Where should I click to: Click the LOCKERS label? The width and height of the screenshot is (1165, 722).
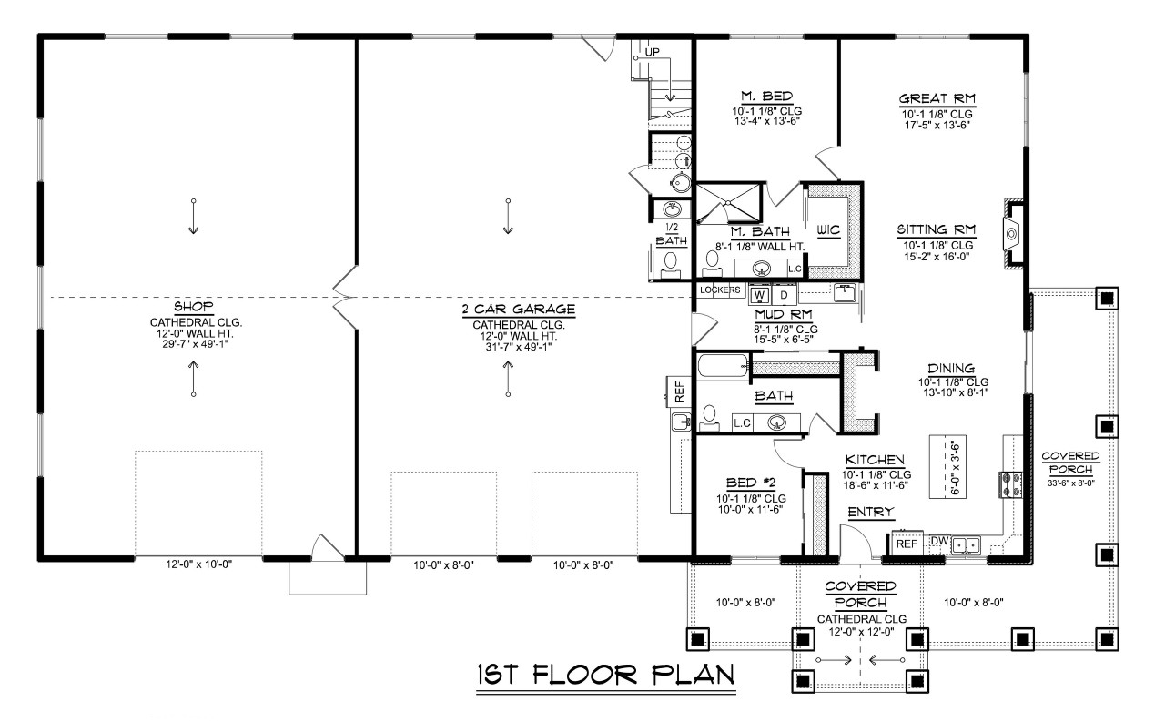720,290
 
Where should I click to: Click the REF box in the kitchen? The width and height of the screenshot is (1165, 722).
907,543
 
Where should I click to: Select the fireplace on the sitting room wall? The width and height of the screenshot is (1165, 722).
1012,234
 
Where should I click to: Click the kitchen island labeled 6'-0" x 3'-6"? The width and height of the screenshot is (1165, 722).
948,467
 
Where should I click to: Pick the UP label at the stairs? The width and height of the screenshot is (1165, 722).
653,52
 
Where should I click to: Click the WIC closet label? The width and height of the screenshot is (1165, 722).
828,229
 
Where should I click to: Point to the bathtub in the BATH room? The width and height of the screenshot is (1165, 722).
721,368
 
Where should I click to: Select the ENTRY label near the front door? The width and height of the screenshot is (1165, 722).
870,514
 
